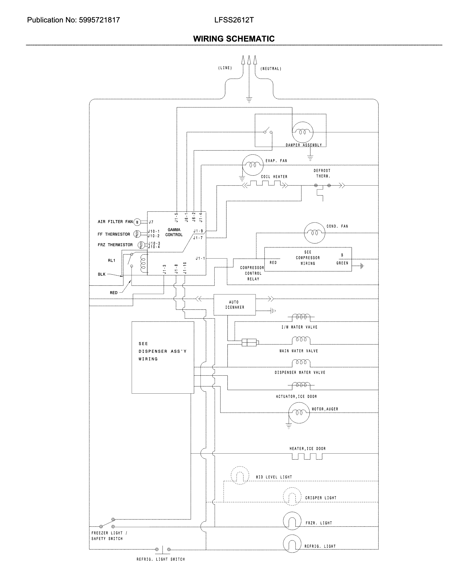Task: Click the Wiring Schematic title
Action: (x=234, y=39)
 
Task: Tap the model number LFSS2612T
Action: (x=234, y=20)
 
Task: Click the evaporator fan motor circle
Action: (x=252, y=165)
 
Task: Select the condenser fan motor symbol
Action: (x=314, y=233)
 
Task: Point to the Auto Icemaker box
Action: (x=234, y=304)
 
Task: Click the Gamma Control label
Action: (x=174, y=232)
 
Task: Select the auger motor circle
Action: (x=299, y=413)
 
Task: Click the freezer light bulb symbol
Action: (x=292, y=521)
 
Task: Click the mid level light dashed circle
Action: (x=240, y=475)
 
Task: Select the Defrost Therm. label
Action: (x=322, y=173)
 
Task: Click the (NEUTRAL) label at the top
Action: (x=271, y=69)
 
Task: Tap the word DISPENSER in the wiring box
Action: (x=153, y=351)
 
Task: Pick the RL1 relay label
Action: (x=111, y=260)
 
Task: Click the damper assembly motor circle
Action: (x=302, y=132)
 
